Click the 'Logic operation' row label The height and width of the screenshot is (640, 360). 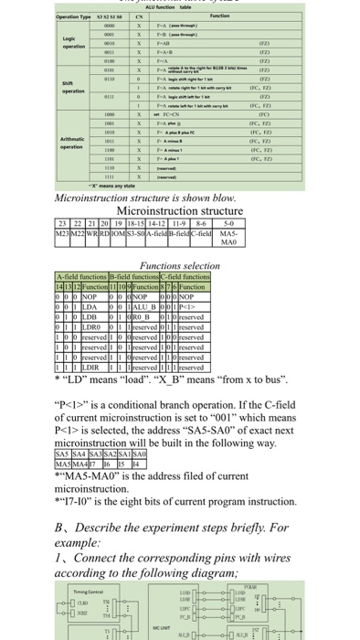click(x=24, y=46)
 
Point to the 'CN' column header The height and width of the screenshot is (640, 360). click(x=137, y=16)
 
